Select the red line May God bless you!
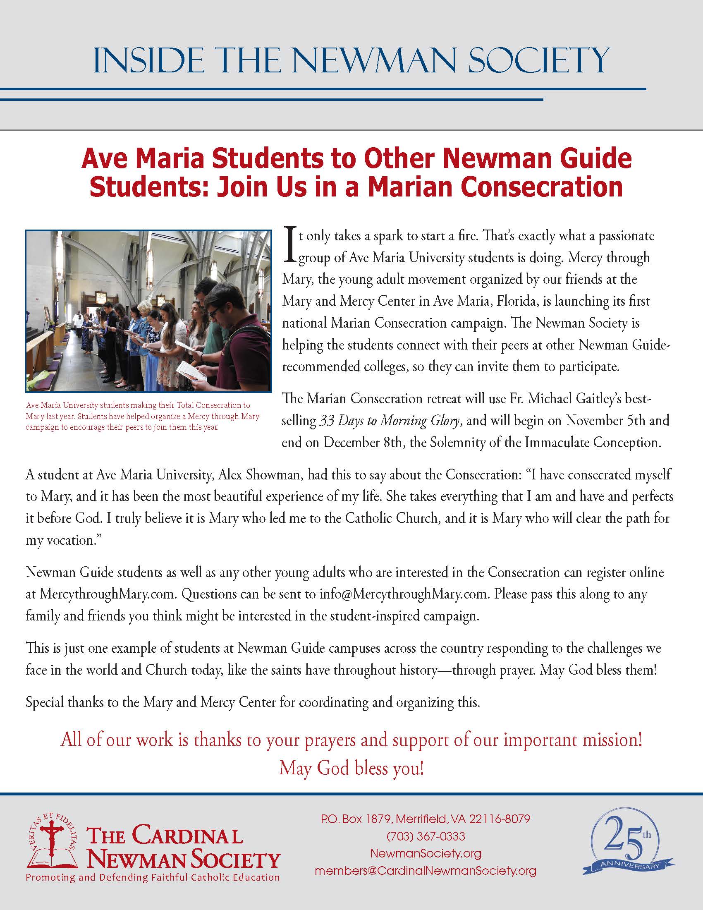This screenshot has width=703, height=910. coord(351,768)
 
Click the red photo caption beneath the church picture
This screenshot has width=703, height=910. coord(142,416)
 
